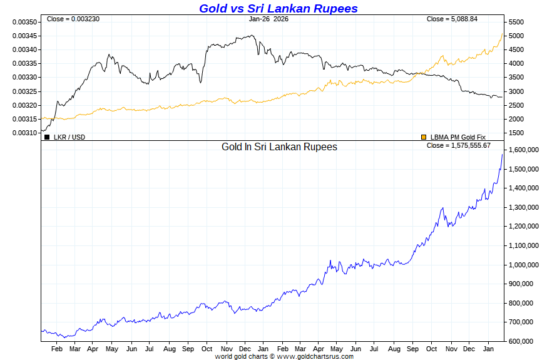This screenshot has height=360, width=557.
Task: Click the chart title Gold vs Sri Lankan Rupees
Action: pos(278,8)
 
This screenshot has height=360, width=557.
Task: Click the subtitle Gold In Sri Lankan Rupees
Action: pos(279,147)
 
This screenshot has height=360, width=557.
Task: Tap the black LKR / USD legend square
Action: pos(47,136)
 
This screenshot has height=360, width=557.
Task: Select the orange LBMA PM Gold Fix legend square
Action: pos(424,136)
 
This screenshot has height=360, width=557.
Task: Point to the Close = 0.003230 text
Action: pos(73,19)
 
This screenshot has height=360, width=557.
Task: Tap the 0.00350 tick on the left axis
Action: pos(24,22)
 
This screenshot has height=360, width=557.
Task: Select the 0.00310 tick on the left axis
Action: pos(24,133)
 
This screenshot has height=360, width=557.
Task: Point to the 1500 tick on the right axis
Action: pos(515,133)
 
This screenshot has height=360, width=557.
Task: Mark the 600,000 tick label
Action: pos(521,341)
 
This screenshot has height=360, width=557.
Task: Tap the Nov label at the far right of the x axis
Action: pos(451,349)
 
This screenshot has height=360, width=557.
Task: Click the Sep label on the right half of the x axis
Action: pos(413,349)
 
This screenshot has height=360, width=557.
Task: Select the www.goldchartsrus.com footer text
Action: pos(315,356)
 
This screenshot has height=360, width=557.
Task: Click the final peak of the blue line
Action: pos(502,154)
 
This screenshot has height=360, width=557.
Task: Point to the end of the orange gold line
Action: pos(502,34)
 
